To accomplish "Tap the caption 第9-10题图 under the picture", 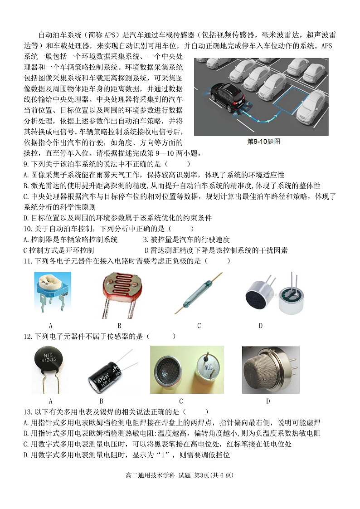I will tap(263, 142).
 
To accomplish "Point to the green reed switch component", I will tap(199, 295).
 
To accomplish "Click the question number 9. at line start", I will tap(26, 164).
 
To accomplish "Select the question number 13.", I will tap(28, 411).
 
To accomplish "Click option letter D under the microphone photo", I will tap(261, 326).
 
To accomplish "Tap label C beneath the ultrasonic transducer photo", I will tap(181, 401).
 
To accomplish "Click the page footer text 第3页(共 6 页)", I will tap(214, 475).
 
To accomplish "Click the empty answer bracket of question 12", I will tap(161, 337).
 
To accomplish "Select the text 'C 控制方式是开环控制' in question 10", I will tap(58, 250).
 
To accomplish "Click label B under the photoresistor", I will tap(119, 326).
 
